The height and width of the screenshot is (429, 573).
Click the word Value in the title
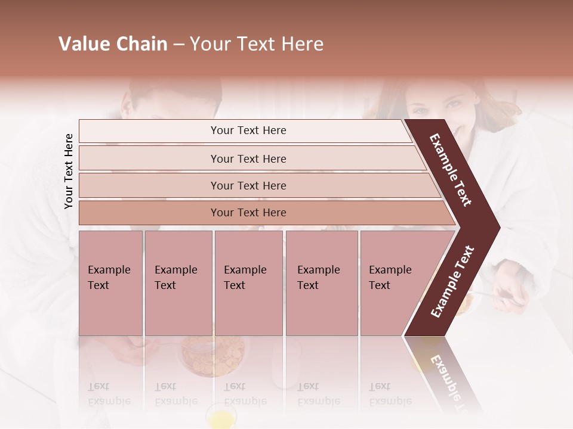click(x=82, y=44)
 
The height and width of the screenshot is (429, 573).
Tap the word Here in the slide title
click(x=303, y=44)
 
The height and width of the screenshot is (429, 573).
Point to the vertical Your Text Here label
click(x=69, y=172)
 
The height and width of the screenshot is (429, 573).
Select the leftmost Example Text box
click(x=110, y=283)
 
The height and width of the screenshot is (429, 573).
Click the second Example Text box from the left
click(x=178, y=283)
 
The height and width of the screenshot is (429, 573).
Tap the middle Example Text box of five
click(x=248, y=283)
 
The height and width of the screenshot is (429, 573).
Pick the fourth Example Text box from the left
click(x=322, y=283)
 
